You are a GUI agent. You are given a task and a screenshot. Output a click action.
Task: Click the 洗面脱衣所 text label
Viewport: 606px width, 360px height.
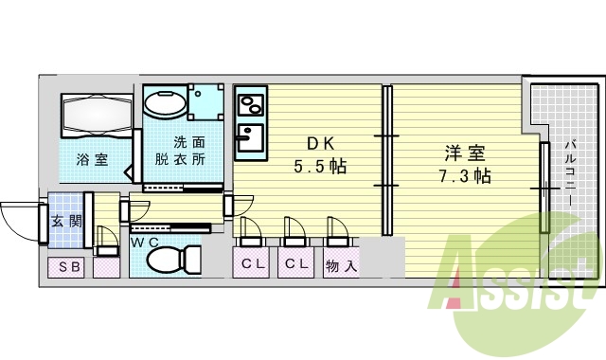(187, 152)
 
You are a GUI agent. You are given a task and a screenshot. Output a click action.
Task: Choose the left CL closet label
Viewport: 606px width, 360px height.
(252, 264)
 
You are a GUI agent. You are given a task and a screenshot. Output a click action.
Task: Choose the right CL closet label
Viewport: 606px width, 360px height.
(295, 264)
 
